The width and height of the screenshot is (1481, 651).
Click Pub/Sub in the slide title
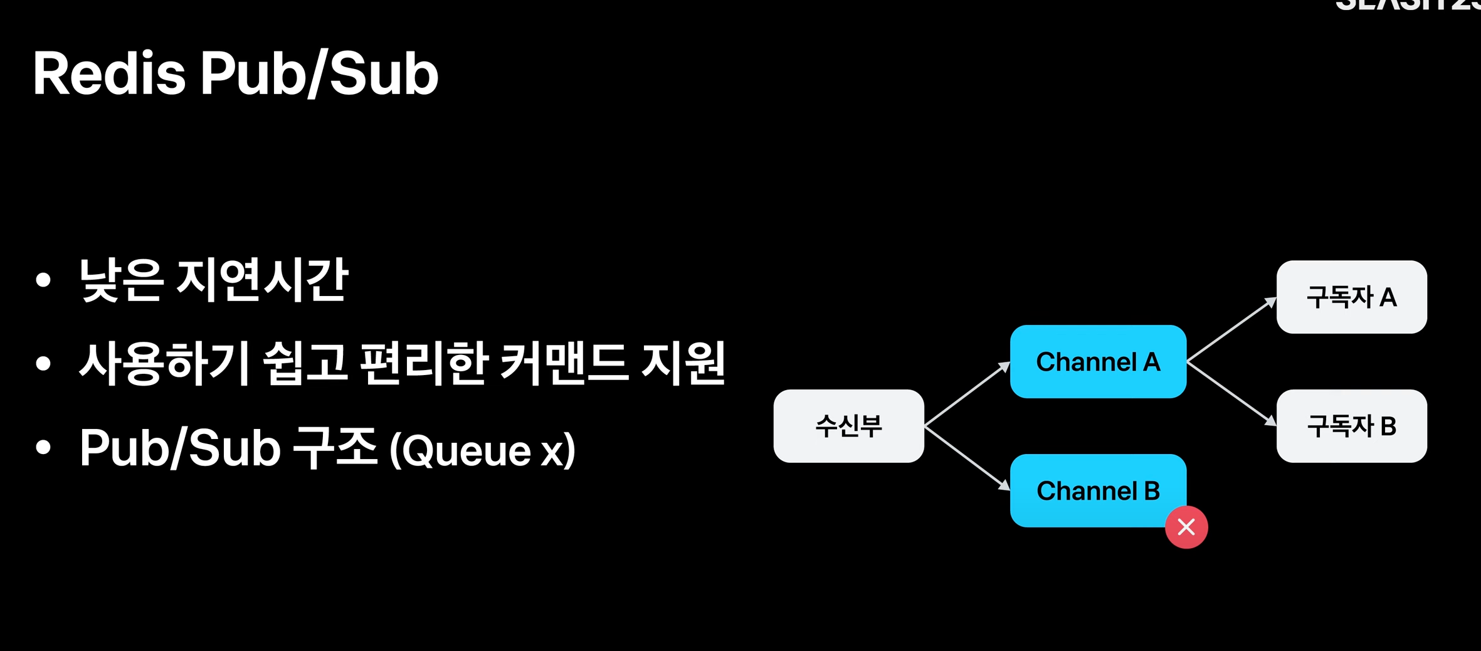(319, 74)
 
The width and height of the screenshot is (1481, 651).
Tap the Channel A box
(1097, 362)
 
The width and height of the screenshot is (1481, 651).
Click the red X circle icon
(1186, 527)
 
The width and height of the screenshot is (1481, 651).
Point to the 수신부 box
(848, 426)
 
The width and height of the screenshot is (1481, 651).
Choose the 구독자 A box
(1351, 297)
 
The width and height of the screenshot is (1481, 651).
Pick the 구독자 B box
(1351, 426)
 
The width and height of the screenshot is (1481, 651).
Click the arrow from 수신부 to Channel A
(967, 394)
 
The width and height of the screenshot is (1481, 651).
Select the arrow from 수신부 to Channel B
(967, 458)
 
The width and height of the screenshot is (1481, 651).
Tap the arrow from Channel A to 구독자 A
(1231, 330)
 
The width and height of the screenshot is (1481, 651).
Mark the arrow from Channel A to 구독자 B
(1231, 393)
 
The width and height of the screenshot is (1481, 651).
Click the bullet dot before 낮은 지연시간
(43, 280)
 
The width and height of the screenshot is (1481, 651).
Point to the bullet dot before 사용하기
(43, 364)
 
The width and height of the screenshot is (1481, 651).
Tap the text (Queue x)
(482, 450)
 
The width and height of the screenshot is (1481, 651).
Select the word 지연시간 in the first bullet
(262, 280)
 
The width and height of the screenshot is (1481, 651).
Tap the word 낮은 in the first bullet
(121, 280)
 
